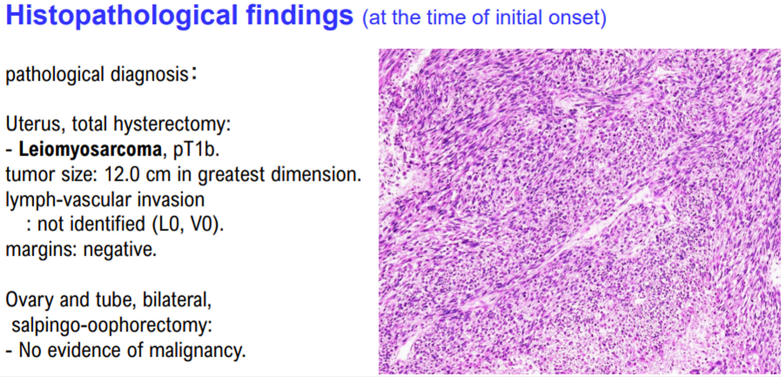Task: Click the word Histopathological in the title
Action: click(122, 16)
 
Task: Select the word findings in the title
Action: click(300, 16)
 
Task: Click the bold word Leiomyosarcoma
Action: click(90, 150)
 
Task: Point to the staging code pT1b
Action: click(196, 150)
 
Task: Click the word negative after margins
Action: click(120, 249)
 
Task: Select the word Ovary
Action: click(29, 300)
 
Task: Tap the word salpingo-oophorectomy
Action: click(112, 325)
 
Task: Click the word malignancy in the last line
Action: click(197, 351)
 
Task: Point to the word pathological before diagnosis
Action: click(55, 75)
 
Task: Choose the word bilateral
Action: click(177, 300)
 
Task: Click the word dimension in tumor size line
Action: click(316, 174)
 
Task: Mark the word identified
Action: click(107, 224)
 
